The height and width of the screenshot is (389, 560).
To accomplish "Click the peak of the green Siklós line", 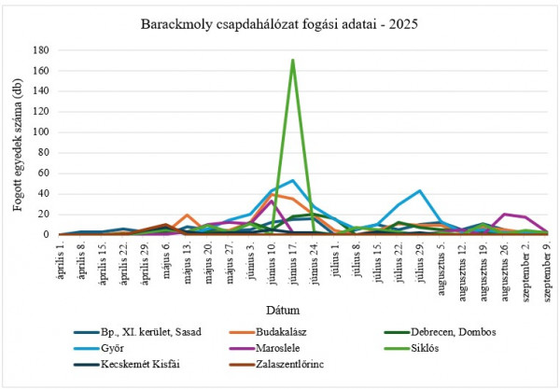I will tap(292, 60).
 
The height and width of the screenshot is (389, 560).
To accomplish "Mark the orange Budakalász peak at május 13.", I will tap(188, 215).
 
